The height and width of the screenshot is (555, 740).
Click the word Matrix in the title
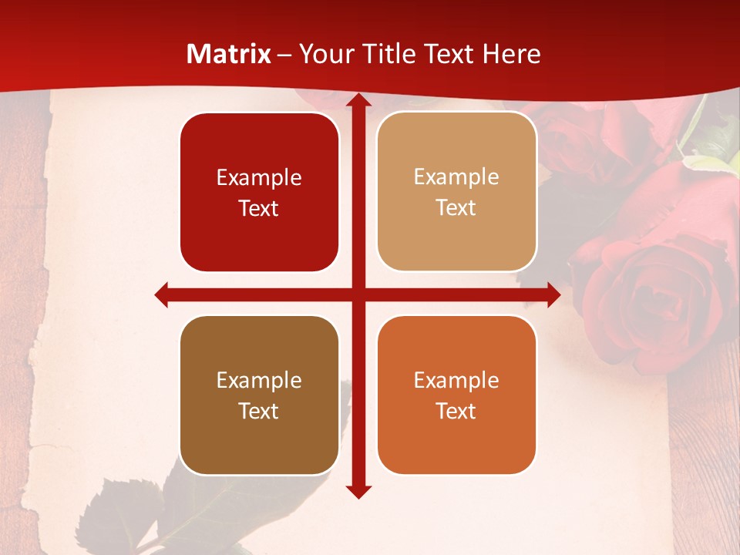229,54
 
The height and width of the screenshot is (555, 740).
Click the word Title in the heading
392,54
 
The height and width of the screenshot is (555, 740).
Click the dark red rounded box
259,192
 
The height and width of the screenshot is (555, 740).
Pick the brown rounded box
259,395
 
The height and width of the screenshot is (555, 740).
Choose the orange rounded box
456,395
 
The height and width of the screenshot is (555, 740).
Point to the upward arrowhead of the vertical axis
358,100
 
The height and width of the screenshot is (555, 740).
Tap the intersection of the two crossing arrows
358,294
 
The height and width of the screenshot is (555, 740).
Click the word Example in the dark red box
259,177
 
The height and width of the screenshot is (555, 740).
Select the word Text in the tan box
456,207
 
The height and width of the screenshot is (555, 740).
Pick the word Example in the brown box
259,380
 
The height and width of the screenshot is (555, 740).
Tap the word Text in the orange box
456,411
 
